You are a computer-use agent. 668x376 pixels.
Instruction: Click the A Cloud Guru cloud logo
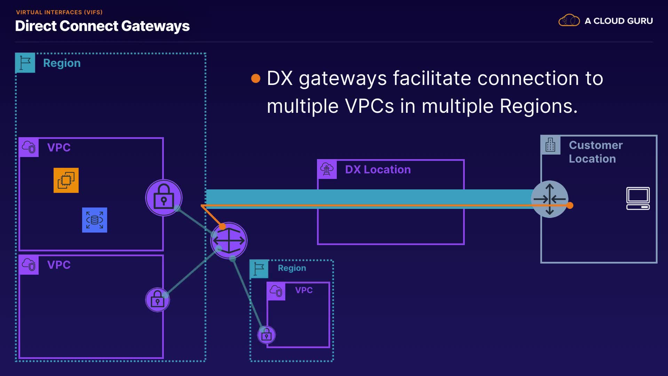(x=569, y=20)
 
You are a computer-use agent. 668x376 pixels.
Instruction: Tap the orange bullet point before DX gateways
(x=256, y=78)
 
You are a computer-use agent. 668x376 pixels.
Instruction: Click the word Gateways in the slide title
(x=156, y=26)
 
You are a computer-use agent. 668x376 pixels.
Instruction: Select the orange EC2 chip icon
(x=66, y=180)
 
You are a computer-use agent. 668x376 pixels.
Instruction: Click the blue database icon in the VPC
(x=95, y=220)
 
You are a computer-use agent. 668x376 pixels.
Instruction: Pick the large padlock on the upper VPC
(x=164, y=198)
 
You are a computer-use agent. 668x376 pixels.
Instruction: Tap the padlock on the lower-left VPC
(x=158, y=300)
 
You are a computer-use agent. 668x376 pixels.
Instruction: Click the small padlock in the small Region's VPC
(x=267, y=335)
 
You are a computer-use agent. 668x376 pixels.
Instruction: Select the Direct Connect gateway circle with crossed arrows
(x=229, y=241)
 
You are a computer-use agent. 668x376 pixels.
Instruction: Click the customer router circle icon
(x=550, y=199)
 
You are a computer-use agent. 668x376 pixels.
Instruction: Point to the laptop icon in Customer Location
(x=638, y=198)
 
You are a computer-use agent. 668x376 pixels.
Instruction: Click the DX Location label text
(x=378, y=170)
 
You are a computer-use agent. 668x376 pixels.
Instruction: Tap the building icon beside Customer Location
(x=550, y=145)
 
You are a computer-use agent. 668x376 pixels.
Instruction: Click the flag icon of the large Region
(x=25, y=63)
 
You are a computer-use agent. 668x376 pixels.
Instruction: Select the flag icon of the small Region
(x=259, y=269)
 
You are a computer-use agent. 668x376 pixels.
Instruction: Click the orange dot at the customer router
(x=570, y=205)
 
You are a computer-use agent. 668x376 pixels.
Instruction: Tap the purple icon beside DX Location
(x=327, y=170)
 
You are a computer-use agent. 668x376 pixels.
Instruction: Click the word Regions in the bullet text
(x=539, y=106)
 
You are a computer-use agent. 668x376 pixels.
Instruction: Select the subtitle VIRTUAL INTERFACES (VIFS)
(x=59, y=12)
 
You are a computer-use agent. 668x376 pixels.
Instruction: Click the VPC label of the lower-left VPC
(x=59, y=265)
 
